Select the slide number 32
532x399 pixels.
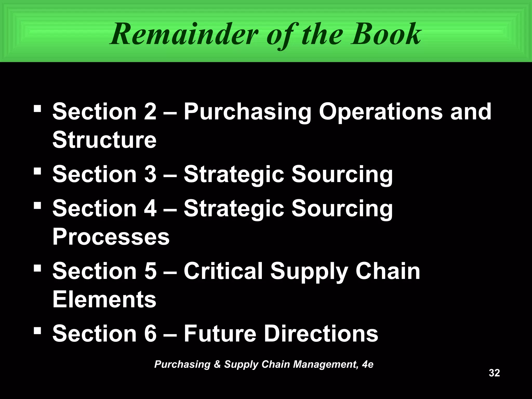[494, 373]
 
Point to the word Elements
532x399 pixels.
[104, 299]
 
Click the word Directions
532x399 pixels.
[321, 334]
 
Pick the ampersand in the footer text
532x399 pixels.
[217, 364]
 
